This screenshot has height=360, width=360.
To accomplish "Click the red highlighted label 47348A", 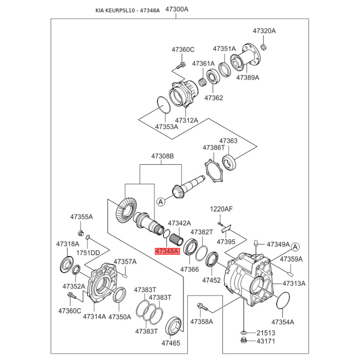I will pos(167,251).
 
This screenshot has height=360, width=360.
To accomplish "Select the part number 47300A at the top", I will pos(177,9).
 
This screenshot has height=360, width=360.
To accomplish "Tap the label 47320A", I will pos(264,31).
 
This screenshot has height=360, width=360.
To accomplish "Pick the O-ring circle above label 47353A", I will pos(163,104).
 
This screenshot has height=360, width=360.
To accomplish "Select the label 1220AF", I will pos(221,209).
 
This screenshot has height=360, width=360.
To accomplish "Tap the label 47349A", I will pos(278,244).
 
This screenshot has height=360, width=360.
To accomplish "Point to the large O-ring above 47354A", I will pos(283,300).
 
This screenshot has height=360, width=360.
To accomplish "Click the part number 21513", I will pos(265,333).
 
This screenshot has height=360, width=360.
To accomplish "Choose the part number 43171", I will pos(265,342).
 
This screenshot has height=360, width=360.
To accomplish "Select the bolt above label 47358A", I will pos(201,309).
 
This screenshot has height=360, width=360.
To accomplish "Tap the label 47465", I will pos(171,343).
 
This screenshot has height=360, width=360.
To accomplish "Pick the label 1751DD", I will pos(88,253).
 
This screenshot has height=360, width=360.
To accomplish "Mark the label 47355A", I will pos(81,217).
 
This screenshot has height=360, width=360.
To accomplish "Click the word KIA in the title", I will pos(102,10).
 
